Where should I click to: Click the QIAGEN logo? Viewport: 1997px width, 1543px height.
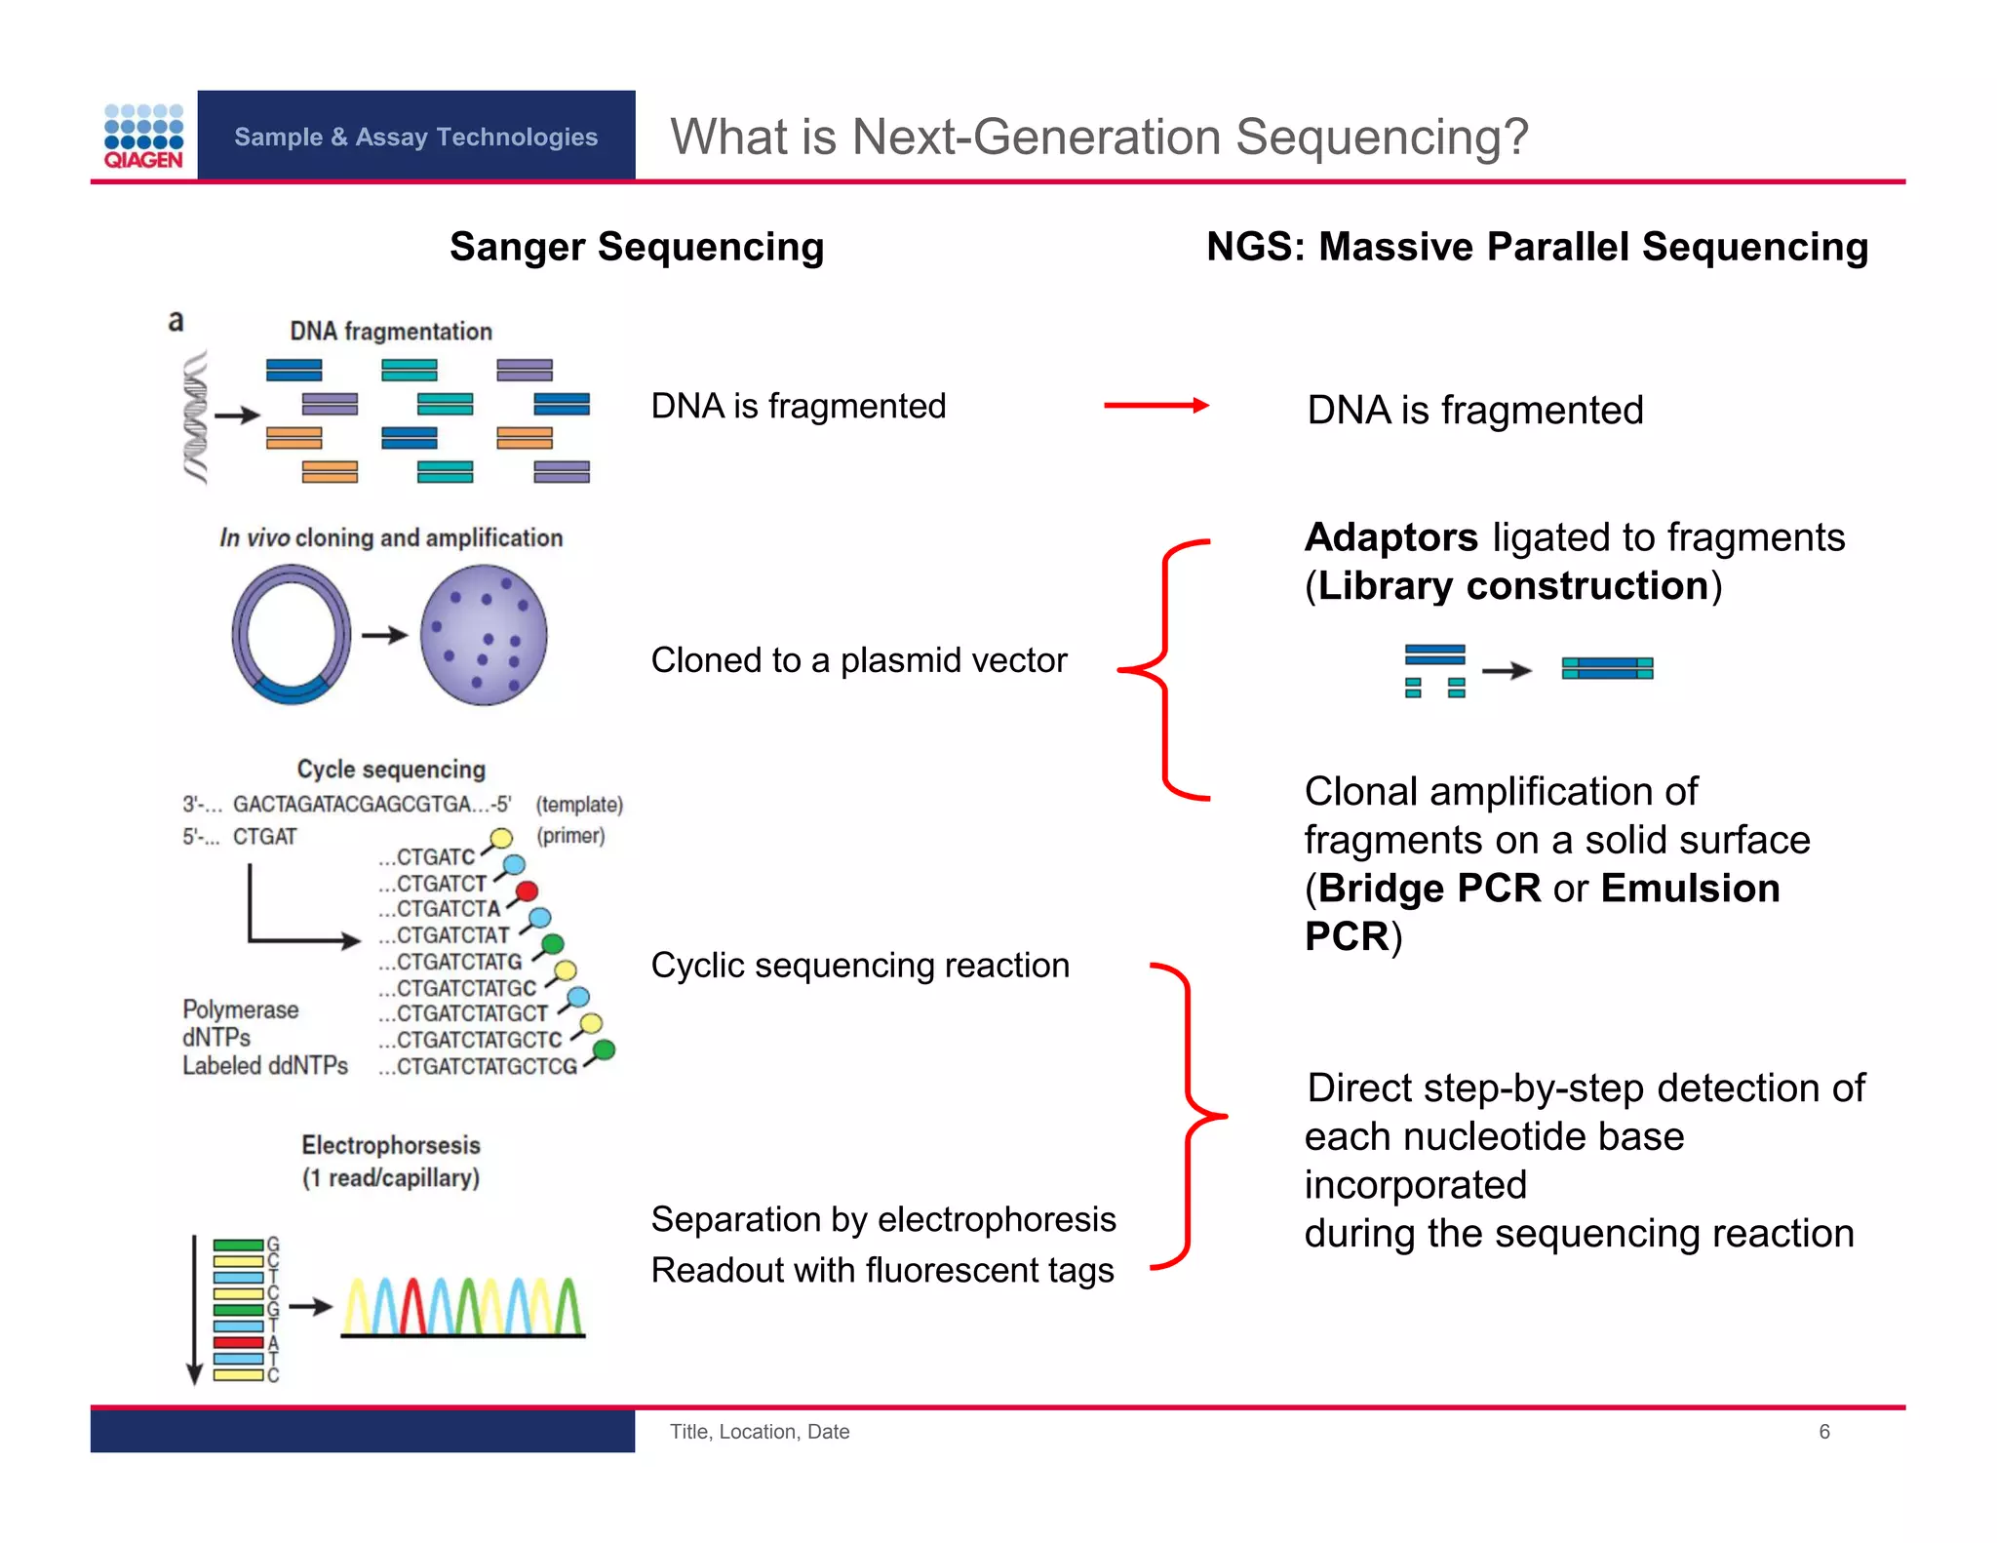click(x=143, y=137)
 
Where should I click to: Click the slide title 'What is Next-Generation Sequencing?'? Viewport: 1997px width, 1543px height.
click(x=1098, y=137)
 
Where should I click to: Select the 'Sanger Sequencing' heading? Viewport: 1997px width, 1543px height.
click(x=636, y=247)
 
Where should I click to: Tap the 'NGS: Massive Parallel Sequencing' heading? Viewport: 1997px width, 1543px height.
click(x=1537, y=247)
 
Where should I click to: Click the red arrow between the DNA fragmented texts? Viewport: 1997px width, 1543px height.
click(x=1155, y=406)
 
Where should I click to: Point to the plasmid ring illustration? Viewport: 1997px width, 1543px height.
click(x=292, y=635)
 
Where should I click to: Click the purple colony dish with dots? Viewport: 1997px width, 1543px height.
click(x=484, y=635)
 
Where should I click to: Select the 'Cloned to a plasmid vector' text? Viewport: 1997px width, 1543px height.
click(x=858, y=660)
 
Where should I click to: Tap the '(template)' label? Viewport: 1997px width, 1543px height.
click(x=579, y=805)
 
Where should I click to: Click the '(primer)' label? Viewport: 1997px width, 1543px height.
click(x=570, y=836)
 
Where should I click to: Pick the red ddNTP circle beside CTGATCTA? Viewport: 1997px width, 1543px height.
click(x=527, y=890)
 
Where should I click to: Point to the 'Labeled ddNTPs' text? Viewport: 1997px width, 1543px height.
click(x=265, y=1066)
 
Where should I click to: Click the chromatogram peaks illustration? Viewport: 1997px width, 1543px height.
click(x=462, y=1307)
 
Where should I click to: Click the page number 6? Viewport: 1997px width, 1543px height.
click(x=1823, y=1431)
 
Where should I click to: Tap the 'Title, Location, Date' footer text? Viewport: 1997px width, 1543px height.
click(x=759, y=1431)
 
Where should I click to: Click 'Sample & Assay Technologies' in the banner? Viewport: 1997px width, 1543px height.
click(x=415, y=137)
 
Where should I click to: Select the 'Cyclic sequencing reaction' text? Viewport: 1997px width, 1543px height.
click(x=860, y=966)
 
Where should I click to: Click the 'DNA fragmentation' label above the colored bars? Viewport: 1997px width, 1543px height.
click(x=391, y=332)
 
